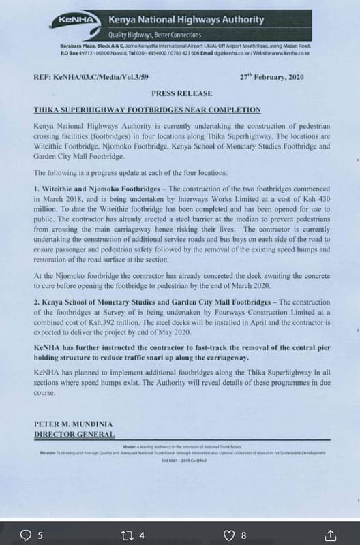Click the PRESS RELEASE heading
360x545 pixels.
tap(181, 93)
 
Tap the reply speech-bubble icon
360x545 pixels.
tap(27, 534)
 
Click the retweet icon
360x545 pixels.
tap(127, 534)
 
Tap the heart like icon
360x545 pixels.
tap(230, 534)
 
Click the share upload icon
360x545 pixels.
tap(330, 533)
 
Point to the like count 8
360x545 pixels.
tap(244, 535)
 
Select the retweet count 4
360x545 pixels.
tap(142, 535)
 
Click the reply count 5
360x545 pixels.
tap(40, 535)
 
